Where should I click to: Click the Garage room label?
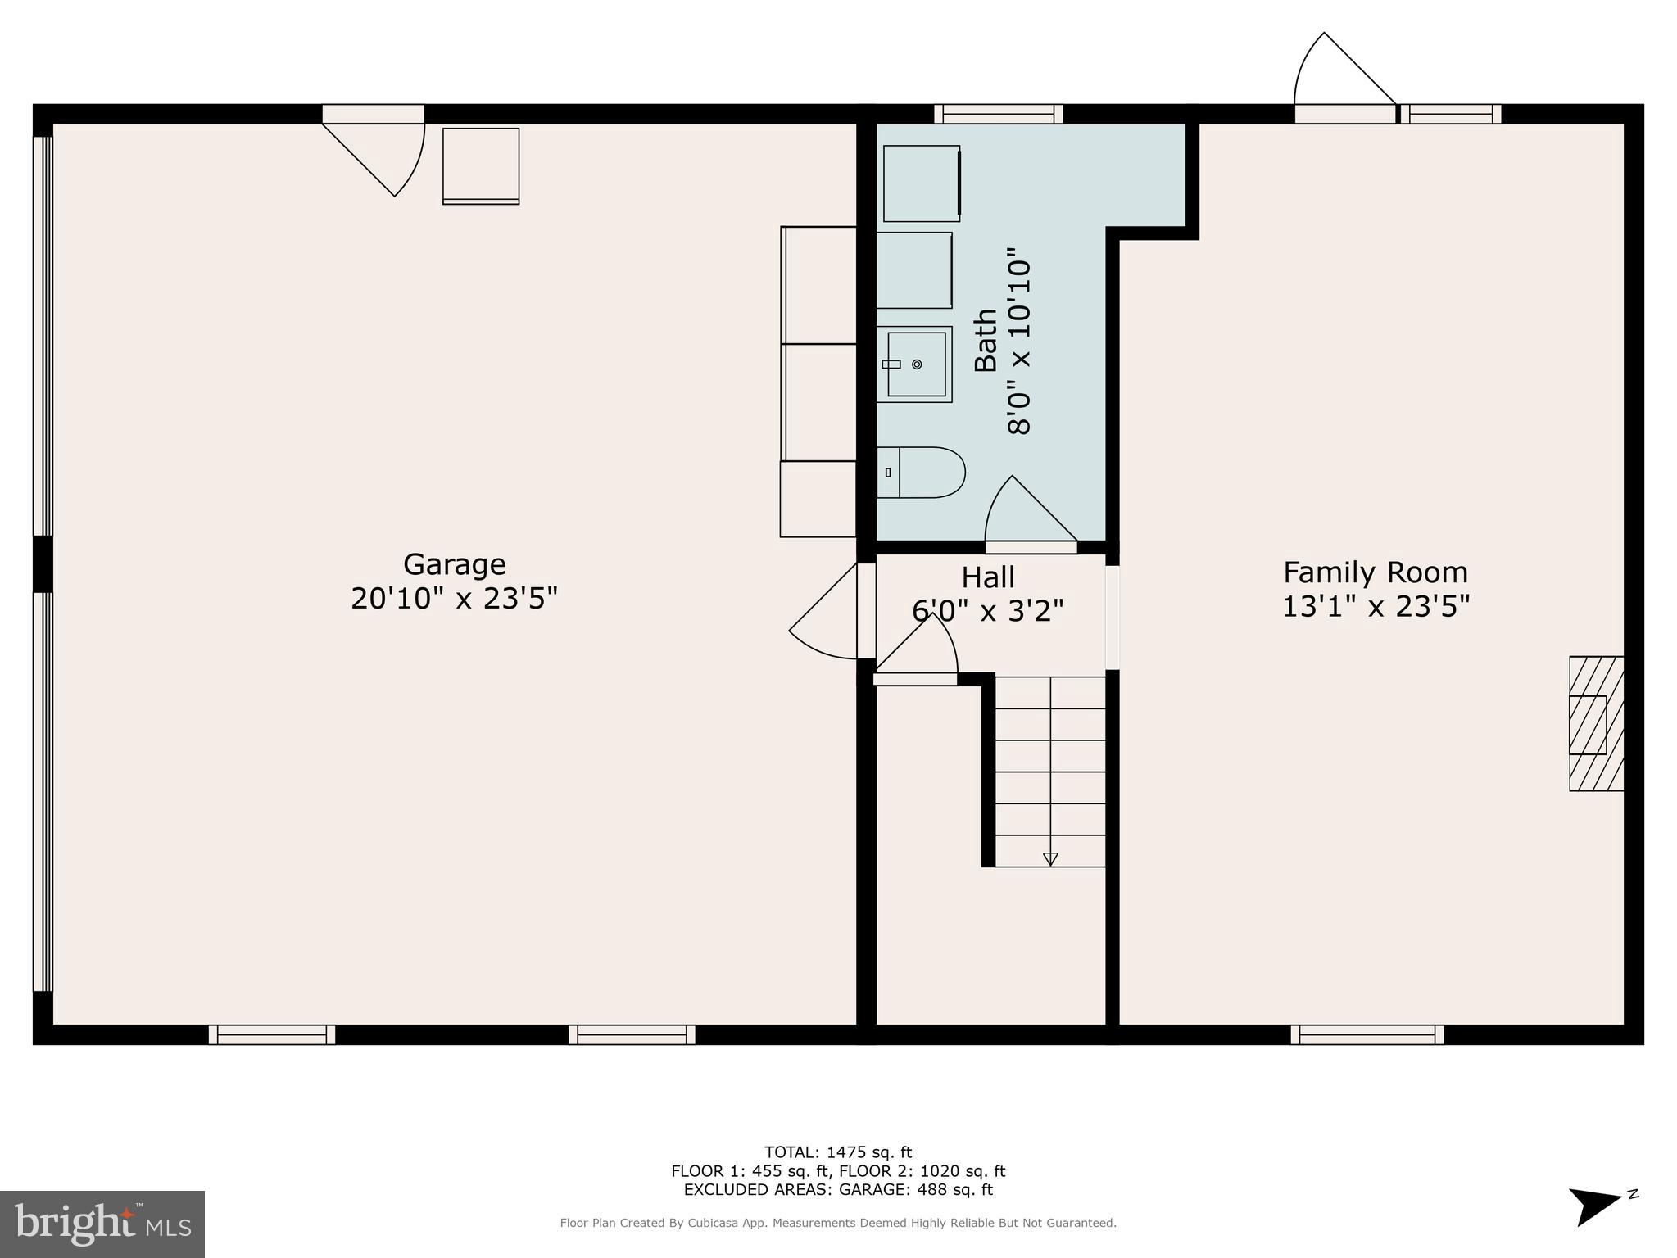tap(454, 564)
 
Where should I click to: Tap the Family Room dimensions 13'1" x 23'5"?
tap(1376, 607)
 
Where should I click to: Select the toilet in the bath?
tap(921, 473)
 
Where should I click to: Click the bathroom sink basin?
tap(916, 364)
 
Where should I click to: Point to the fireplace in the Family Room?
tap(1595, 723)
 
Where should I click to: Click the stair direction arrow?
tap(1050, 858)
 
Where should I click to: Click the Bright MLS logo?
tap(102, 1224)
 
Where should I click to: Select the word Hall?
tap(988, 577)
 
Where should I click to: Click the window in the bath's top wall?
tap(998, 114)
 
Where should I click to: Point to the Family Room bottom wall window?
tap(1367, 1034)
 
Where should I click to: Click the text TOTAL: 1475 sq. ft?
tap(837, 1152)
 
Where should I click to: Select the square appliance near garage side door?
tap(481, 165)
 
